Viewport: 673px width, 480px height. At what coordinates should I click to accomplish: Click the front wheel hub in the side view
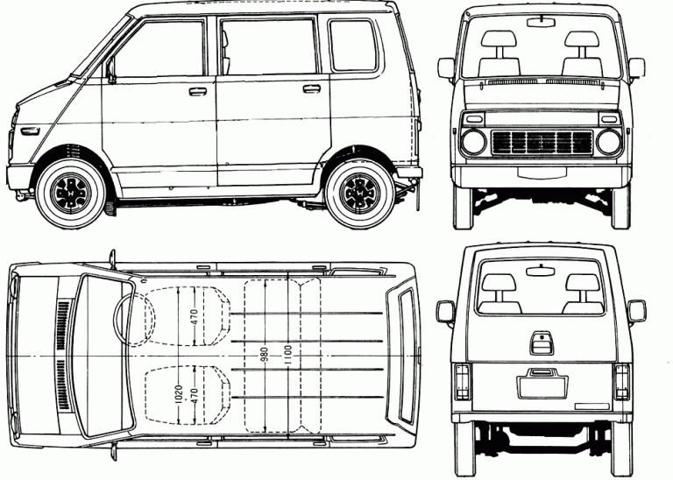(70, 186)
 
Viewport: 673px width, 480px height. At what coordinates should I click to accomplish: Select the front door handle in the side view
(198, 90)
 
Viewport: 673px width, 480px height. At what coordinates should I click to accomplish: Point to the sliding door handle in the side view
(311, 88)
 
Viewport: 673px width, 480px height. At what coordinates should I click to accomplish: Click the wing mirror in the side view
(110, 70)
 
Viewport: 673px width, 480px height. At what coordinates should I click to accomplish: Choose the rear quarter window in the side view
(353, 46)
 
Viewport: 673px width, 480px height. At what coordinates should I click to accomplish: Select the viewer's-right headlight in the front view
(608, 141)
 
